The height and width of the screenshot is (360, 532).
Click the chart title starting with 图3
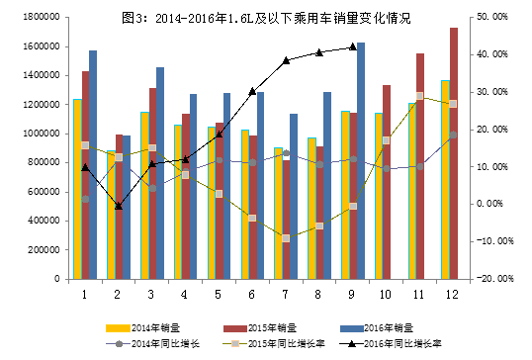pos(265,19)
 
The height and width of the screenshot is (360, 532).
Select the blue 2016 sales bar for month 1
pos(93,164)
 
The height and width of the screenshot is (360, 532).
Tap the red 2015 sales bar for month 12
pos(454,153)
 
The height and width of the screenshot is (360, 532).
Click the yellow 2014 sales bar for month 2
pos(111,215)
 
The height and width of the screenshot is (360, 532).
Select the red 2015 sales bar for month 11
pos(420,166)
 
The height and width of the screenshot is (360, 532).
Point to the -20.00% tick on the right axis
pos(492,279)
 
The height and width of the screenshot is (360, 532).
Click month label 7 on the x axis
pos(285,294)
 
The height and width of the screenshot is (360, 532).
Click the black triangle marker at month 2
pos(119,206)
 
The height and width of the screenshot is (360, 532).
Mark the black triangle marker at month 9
pos(353,46)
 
